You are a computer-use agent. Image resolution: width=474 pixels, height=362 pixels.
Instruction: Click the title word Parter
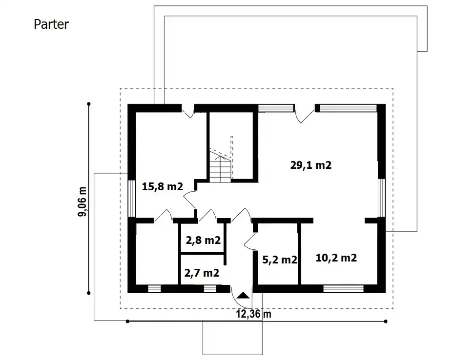(51, 24)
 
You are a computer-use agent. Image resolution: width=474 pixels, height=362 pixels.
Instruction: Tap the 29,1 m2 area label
(311, 165)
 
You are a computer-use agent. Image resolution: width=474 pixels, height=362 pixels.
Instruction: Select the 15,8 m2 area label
(163, 186)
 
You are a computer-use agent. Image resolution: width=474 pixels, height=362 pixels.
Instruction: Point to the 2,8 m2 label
(203, 240)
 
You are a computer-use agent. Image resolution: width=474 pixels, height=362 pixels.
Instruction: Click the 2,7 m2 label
(202, 273)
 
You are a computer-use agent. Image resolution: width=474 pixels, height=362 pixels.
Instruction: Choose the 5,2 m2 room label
(280, 260)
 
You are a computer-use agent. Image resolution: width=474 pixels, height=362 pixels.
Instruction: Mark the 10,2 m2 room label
(336, 258)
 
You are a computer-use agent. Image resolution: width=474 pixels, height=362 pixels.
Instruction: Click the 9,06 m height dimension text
(82, 201)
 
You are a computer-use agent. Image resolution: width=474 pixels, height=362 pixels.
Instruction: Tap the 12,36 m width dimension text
(253, 314)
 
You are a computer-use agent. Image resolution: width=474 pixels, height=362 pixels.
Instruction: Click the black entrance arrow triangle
(244, 295)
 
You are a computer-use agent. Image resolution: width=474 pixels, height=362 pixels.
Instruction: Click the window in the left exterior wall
(132, 199)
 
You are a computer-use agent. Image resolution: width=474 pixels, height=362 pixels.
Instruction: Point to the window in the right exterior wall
(382, 198)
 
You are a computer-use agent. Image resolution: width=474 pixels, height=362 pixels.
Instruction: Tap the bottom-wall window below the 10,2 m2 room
(343, 289)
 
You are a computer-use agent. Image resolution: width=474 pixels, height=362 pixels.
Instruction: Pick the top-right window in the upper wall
(348, 108)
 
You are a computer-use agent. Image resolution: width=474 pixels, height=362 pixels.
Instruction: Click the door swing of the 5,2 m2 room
(250, 241)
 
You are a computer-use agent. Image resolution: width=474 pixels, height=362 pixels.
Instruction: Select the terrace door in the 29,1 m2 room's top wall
(304, 114)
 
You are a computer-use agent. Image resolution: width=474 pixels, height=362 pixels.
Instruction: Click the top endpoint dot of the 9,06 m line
(88, 104)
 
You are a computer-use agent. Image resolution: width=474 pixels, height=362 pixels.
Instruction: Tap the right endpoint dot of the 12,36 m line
(386, 321)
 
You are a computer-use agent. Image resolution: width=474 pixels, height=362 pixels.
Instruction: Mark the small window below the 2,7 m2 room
(210, 289)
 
